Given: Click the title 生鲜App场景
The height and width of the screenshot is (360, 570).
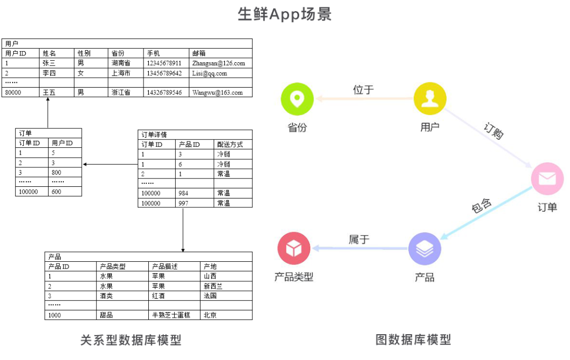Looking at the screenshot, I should pyautogui.click(x=284, y=14).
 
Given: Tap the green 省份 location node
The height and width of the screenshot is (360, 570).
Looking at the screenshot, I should pyautogui.click(x=297, y=99).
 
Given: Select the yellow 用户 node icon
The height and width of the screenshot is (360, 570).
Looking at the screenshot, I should pyautogui.click(x=430, y=99).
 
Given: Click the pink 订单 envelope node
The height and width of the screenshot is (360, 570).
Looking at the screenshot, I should pyautogui.click(x=547, y=178).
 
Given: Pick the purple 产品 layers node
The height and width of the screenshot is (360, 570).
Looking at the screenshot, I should pyautogui.click(x=425, y=249).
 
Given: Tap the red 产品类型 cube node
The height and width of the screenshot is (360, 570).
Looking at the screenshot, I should pyautogui.click(x=294, y=248).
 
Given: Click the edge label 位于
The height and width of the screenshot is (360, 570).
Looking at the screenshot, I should pyautogui.click(x=363, y=90).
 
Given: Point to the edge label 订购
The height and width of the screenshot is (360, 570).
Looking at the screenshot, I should pyautogui.click(x=493, y=130).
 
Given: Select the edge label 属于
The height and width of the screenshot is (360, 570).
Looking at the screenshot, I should pyautogui.click(x=359, y=239).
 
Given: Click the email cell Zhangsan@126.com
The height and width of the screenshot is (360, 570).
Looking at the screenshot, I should pyautogui.click(x=218, y=63).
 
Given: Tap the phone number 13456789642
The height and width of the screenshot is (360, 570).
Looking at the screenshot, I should pyautogui.click(x=164, y=73).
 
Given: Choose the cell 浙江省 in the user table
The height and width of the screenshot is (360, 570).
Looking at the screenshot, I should pyautogui.click(x=121, y=92).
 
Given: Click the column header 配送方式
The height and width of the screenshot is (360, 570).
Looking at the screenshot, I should pyautogui.click(x=230, y=145).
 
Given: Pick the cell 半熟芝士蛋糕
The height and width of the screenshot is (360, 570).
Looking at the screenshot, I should pyautogui.click(x=173, y=315).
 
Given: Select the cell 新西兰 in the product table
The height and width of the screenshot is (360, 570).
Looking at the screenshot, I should pyautogui.click(x=213, y=286).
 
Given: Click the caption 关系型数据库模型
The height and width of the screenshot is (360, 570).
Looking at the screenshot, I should pyautogui.click(x=131, y=340).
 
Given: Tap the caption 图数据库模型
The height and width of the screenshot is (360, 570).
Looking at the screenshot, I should pyautogui.click(x=413, y=339).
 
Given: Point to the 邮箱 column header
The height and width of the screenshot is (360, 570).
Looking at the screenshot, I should pyautogui.click(x=199, y=53).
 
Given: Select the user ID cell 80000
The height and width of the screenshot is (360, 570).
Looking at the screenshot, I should pyautogui.click(x=13, y=92).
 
